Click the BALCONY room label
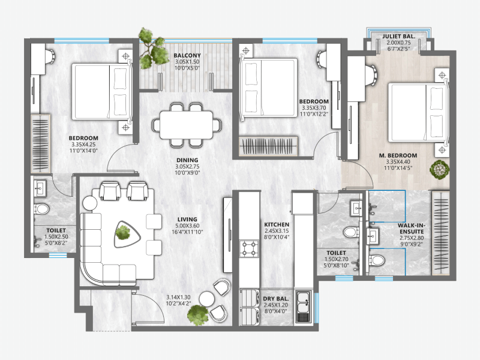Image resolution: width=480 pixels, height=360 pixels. (187, 55)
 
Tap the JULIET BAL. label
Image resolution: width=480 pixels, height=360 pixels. (398, 36)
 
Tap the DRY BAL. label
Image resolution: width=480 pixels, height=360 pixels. (277, 298)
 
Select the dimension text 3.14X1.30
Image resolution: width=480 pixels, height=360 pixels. (179, 297)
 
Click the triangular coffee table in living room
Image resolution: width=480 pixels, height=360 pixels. (125, 232)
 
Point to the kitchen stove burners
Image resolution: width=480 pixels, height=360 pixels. (248, 248)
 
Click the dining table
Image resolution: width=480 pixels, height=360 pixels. (186, 125)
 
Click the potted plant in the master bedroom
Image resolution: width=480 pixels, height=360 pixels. (440, 170)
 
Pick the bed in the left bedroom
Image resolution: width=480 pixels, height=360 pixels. (101, 93)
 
